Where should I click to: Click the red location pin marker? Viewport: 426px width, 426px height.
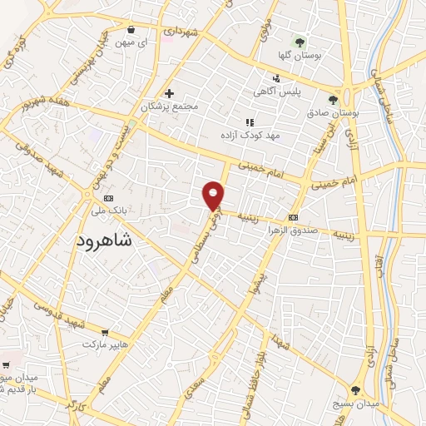pyautogui.click(x=214, y=194)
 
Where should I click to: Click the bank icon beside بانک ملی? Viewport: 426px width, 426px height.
pyautogui.click(x=108, y=198)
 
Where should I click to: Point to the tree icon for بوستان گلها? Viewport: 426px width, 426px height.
pyautogui.click(x=300, y=42)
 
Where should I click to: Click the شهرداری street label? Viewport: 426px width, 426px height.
pyautogui.click(x=180, y=31)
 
